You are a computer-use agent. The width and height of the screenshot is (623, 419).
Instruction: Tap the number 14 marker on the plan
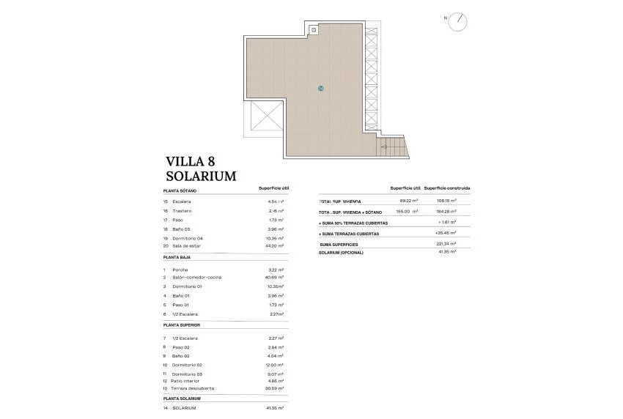point(321,88)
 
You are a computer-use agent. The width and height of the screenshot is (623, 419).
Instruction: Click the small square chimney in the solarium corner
point(314,30)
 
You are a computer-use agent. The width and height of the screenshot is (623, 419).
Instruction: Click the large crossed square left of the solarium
point(266,118)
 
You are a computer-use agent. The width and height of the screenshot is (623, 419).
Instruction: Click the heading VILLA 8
point(190,162)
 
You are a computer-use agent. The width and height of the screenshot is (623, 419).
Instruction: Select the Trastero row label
point(182,210)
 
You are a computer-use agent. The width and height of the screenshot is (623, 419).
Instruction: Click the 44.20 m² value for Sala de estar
point(276,246)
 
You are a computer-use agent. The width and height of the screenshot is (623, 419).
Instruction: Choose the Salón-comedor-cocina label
point(196,278)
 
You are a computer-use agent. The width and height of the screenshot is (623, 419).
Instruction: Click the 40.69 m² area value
point(276,278)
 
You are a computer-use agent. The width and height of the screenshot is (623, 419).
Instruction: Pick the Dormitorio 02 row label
point(187,364)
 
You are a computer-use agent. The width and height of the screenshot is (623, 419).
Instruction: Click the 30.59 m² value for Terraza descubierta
point(276,388)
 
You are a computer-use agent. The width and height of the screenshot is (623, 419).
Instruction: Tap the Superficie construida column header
point(447,188)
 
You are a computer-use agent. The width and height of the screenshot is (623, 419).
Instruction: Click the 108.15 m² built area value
point(447,201)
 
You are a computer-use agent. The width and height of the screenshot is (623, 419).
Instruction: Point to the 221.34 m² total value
point(447,244)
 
